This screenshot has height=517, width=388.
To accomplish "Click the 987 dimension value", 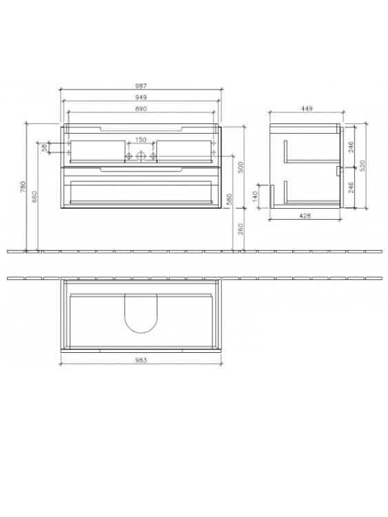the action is tap(141, 86).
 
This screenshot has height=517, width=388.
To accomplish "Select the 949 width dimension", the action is tap(141, 97).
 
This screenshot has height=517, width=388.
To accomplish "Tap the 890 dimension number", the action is tap(141, 108).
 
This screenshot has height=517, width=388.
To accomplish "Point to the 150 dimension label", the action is tap(141, 139).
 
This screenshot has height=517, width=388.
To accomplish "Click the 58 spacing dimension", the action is tap(43, 148).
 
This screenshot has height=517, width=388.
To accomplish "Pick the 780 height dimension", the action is tap(23, 187).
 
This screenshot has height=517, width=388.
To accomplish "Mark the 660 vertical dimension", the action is tap(35, 196).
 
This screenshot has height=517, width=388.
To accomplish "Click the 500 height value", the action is tap(241, 168).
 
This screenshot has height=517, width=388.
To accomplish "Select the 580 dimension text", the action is tap(229, 199).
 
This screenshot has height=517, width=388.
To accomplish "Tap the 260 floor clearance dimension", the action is tap(241, 229).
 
